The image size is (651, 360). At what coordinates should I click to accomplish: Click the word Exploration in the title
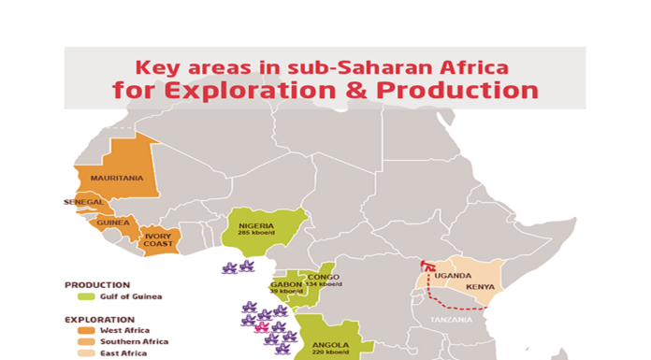pyautogui.click(x=242, y=91)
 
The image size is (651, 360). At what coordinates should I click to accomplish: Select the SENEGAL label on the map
pyautogui.click(x=83, y=202)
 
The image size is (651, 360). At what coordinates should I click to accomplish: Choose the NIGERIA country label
pyautogui.click(x=256, y=225)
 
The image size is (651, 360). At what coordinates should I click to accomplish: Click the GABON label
pyautogui.click(x=285, y=283)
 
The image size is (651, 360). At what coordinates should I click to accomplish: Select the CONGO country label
pyautogui.click(x=323, y=277)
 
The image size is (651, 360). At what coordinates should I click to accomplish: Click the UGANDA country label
pyautogui.click(x=453, y=275)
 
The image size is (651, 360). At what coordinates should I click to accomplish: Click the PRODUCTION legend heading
pyautogui.click(x=97, y=284)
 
